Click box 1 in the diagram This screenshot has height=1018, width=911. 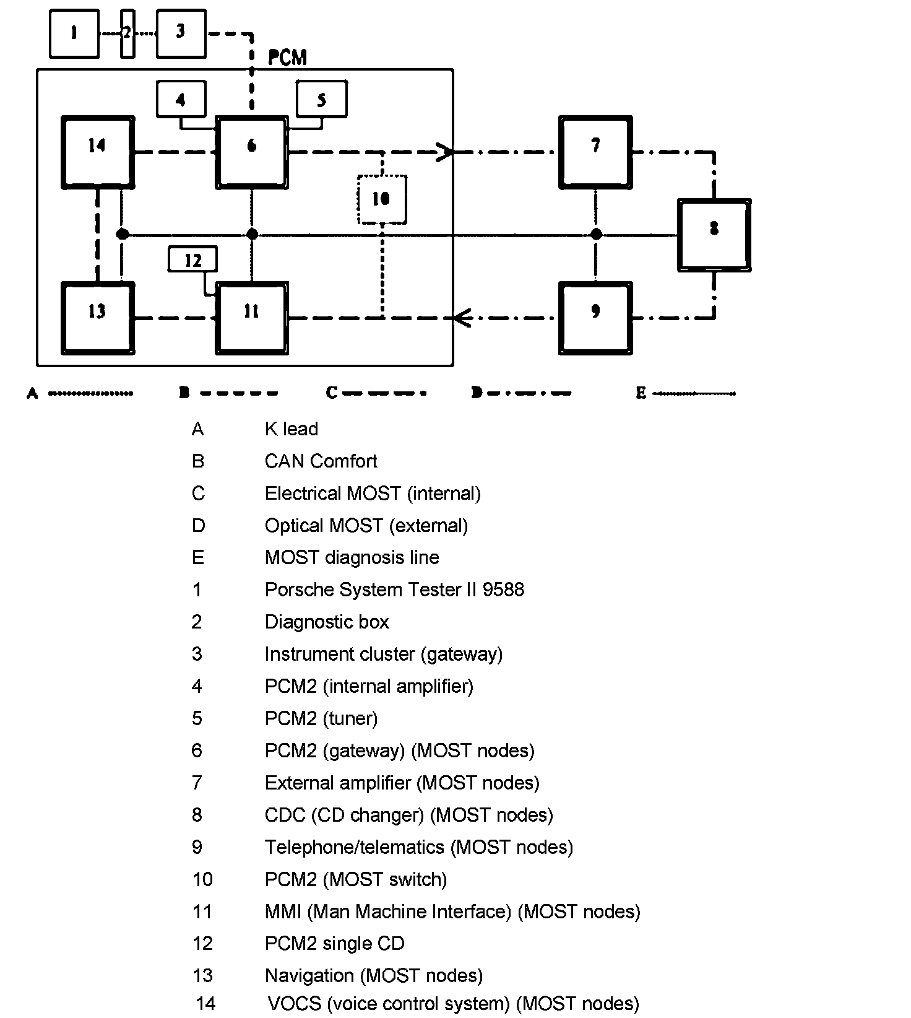[x=74, y=33]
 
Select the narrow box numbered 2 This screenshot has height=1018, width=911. [x=127, y=33]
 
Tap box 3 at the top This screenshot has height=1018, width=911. [x=181, y=33]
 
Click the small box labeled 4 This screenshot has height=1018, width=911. [x=181, y=99]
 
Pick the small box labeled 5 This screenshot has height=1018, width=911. [x=321, y=99]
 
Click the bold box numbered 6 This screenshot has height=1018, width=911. [x=252, y=151]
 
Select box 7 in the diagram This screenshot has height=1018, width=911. [x=595, y=151]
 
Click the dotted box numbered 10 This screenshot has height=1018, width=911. [x=382, y=199]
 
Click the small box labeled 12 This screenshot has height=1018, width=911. [x=193, y=259]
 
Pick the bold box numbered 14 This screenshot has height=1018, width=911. [x=98, y=151]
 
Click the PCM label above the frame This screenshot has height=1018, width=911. [x=287, y=58]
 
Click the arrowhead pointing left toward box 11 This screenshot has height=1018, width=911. [x=462, y=318]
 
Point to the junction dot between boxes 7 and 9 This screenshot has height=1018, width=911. [x=596, y=234]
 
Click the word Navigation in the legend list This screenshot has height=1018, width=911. [x=309, y=976]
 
